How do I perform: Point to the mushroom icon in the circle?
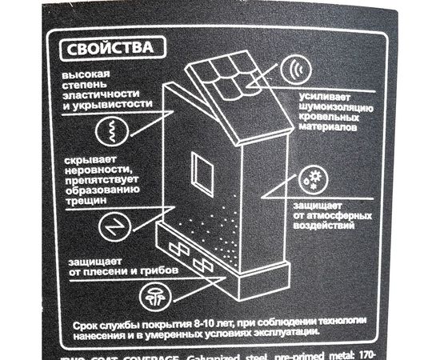pyautogui.click(x=152, y=298)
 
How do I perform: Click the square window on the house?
pyautogui.click(x=203, y=171)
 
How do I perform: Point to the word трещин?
pyautogui.click(x=79, y=203)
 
